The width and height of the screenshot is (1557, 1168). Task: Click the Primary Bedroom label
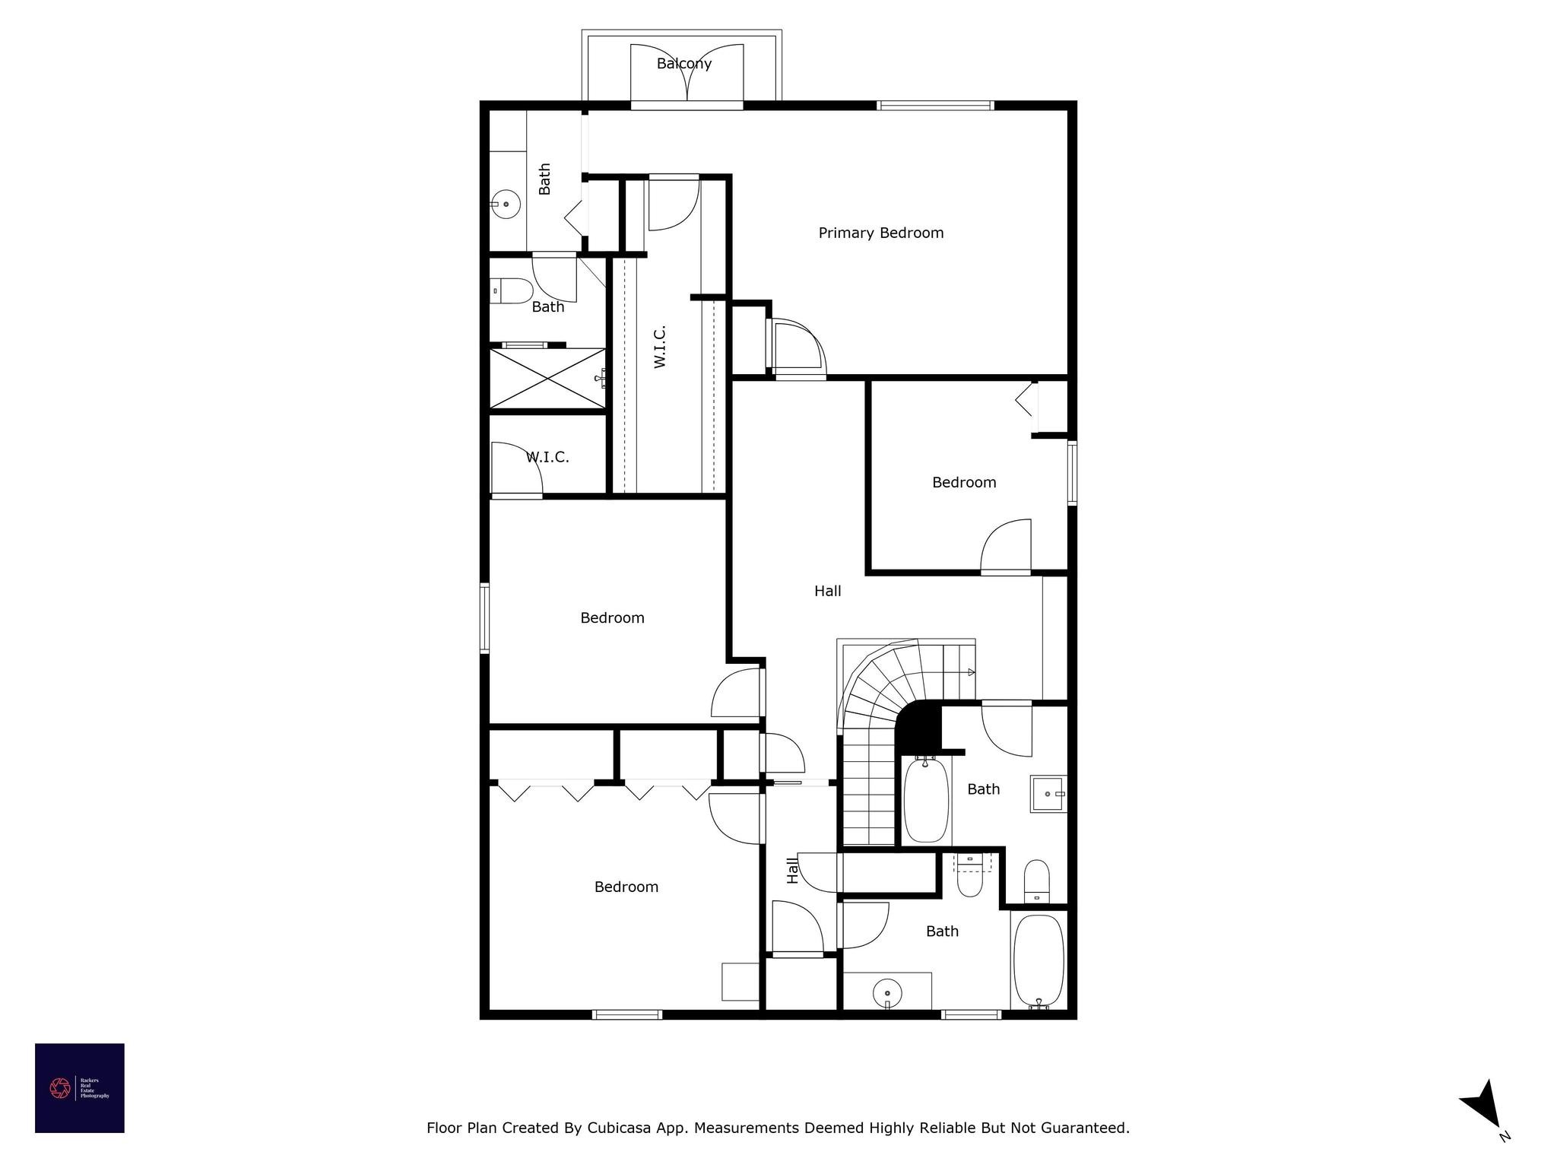tap(880, 233)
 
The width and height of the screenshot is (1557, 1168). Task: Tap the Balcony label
tap(684, 64)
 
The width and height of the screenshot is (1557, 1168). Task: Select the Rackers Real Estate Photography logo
tap(80, 1088)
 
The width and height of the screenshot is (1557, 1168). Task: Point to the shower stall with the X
tap(547, 378)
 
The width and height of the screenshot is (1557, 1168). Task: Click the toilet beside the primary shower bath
tap(512, 291)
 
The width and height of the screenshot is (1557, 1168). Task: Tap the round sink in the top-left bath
tap(506, 204)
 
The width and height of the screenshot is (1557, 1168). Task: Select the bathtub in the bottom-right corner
tap(1039, 961)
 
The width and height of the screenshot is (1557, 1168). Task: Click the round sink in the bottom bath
tap(887, 992)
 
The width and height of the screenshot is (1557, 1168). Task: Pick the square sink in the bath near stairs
tap(1048, 794)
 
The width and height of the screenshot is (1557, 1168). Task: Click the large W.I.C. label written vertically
tap(660, 347)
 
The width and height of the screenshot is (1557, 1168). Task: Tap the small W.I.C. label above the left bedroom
tap(547, 457)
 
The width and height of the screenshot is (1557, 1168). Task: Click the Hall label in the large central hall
tap(827, 591)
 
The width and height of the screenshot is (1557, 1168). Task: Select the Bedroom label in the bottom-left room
tap(626, 887)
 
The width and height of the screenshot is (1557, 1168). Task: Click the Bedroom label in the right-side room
tap(964, 482)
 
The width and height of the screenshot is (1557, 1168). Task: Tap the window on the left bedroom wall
tap(484, 617)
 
